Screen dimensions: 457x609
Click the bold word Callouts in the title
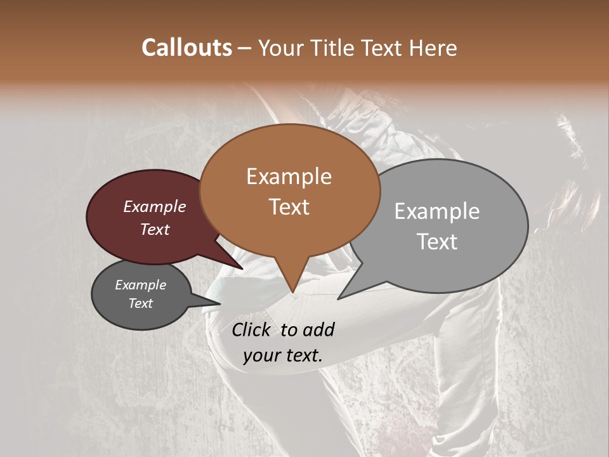point(187,48)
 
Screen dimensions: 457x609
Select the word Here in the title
point(433,48)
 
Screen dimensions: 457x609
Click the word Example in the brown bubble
point(289,176)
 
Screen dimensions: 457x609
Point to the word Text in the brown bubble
point(289,207)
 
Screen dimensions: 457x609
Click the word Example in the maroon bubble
point(154,206)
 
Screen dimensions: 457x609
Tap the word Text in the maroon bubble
point(154,229)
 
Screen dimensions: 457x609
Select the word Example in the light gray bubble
point(436,211)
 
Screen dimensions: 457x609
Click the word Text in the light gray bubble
point(436,242)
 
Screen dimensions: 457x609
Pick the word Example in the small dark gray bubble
point(140,285)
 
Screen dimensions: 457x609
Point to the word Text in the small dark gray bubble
point(140,303)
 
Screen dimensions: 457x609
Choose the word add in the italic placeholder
point(318,329)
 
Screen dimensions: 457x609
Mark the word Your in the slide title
point(280,48)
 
